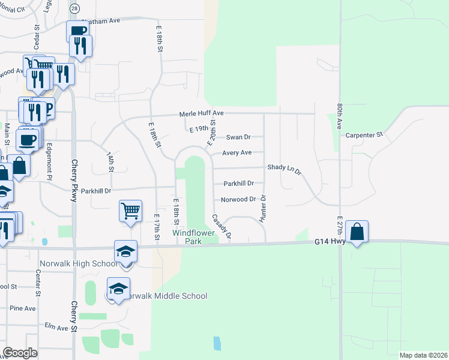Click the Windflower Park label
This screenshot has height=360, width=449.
click(193, 236)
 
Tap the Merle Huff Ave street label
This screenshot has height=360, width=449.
click(201, 113)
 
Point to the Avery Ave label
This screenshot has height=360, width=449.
click(237, 153)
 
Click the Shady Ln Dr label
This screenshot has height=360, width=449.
click(283, 167)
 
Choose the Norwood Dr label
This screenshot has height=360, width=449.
click(238, 199)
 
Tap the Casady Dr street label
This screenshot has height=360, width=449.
click(221, 226)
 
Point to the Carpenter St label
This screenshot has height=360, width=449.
click(364, 136)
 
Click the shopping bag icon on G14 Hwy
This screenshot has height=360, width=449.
click(357, 231)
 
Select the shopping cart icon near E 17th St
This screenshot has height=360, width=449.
click(130, 211)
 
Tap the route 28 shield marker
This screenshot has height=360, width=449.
click(74, 9)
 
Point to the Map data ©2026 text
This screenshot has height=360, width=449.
click(423, 355)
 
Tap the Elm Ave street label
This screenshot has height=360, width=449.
click(56, 328)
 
